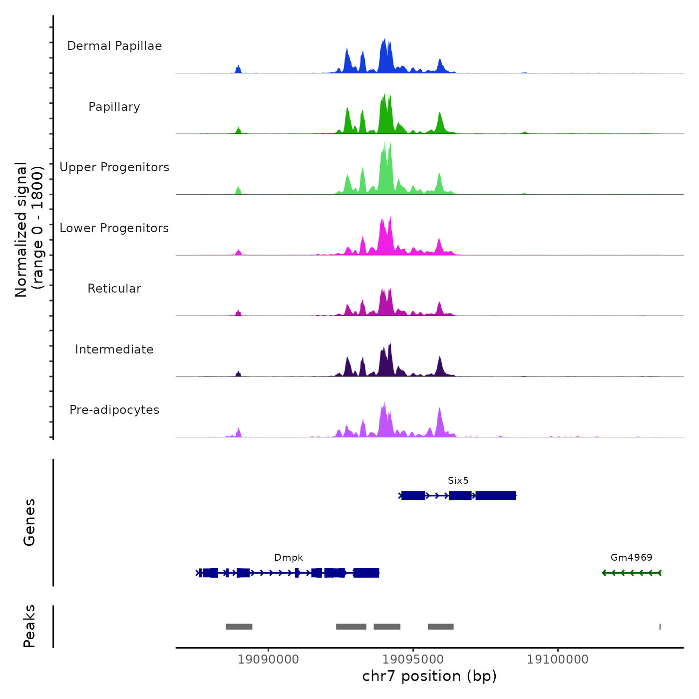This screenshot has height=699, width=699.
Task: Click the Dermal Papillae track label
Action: click(114, 46)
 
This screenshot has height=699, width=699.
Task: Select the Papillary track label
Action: click(114, 107)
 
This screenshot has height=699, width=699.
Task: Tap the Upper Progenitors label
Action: click(114, 167)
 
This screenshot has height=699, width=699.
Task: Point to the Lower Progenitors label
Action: click(114, 228)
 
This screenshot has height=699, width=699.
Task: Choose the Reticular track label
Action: click(114, 289)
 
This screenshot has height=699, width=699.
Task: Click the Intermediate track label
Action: click(114, 349)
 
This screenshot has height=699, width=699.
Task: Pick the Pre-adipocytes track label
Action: click(114, 410)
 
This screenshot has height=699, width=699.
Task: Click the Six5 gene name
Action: click(458, 481)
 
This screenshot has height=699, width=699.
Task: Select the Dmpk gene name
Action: click(289, 558)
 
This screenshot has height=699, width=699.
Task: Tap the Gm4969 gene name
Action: click(631, 558)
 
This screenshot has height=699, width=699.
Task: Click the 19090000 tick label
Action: click(268, 660)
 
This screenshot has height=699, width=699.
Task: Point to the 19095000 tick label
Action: click(413, 660)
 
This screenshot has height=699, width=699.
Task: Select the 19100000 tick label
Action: click(558, 660)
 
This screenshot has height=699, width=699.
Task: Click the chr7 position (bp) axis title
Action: click(429, 676)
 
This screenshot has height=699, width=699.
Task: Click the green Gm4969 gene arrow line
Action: click(632, 573)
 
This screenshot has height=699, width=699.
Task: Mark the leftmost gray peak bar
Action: click(239, 627)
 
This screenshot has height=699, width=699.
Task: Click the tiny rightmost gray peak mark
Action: click(660, 627)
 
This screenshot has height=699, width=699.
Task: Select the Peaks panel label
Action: click(29, 626)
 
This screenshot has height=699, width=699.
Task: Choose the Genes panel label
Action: click(29, 522)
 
